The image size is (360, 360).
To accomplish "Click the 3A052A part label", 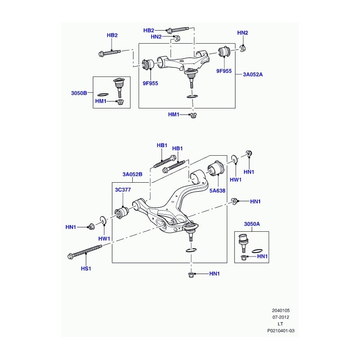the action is [x=253, y=74].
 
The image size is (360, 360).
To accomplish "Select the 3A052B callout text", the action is [x=132, y=174].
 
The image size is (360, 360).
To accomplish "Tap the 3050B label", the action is [x=79, y=93].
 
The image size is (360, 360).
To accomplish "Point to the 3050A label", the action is [x=252, y=224].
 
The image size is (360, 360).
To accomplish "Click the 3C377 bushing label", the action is [x=123, y=189].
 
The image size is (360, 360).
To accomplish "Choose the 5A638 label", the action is [x=217, y=190].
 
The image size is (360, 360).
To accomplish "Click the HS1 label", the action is [x=86, y=268].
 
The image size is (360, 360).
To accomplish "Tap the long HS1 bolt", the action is [x=85, y=252].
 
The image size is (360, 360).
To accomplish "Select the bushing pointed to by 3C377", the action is [x=122, y=212].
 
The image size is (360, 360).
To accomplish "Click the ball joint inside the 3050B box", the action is [x=119, y=87].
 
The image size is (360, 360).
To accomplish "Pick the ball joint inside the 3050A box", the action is [x=243, y=242].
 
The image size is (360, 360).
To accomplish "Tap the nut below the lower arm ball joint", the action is [x=190, y=274].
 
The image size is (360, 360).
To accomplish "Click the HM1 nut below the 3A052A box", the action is [x=194, y=115].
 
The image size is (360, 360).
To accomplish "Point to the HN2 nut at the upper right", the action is [x=243, y=49].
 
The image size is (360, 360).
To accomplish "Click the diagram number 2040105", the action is [x=281, y=310].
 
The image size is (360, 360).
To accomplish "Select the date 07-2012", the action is [x=281, y=317].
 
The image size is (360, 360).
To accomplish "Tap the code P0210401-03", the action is [x=281, y=331].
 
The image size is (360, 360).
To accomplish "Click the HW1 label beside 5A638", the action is [x=235, y=180].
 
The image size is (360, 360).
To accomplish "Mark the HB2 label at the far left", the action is [x=112, y=35].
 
